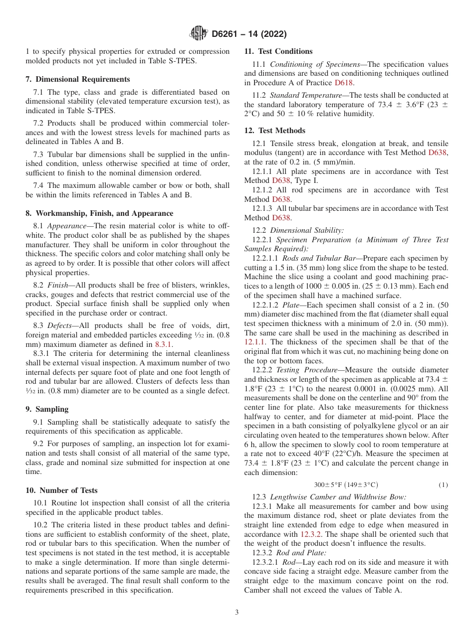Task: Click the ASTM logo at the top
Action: tap(199, 34)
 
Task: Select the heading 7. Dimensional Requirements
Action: tap(78, 79)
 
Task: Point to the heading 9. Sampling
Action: tap(47, 409)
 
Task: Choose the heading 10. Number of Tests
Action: tap(61, 490)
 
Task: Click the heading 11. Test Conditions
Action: tap(278, 51)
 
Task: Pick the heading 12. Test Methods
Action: tap(274, 131)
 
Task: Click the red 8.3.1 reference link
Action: tap(163, 344)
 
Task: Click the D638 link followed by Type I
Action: tap(281, 180)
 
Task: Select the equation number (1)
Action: tap(443, 485)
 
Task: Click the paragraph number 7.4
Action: tap(39, 185)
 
